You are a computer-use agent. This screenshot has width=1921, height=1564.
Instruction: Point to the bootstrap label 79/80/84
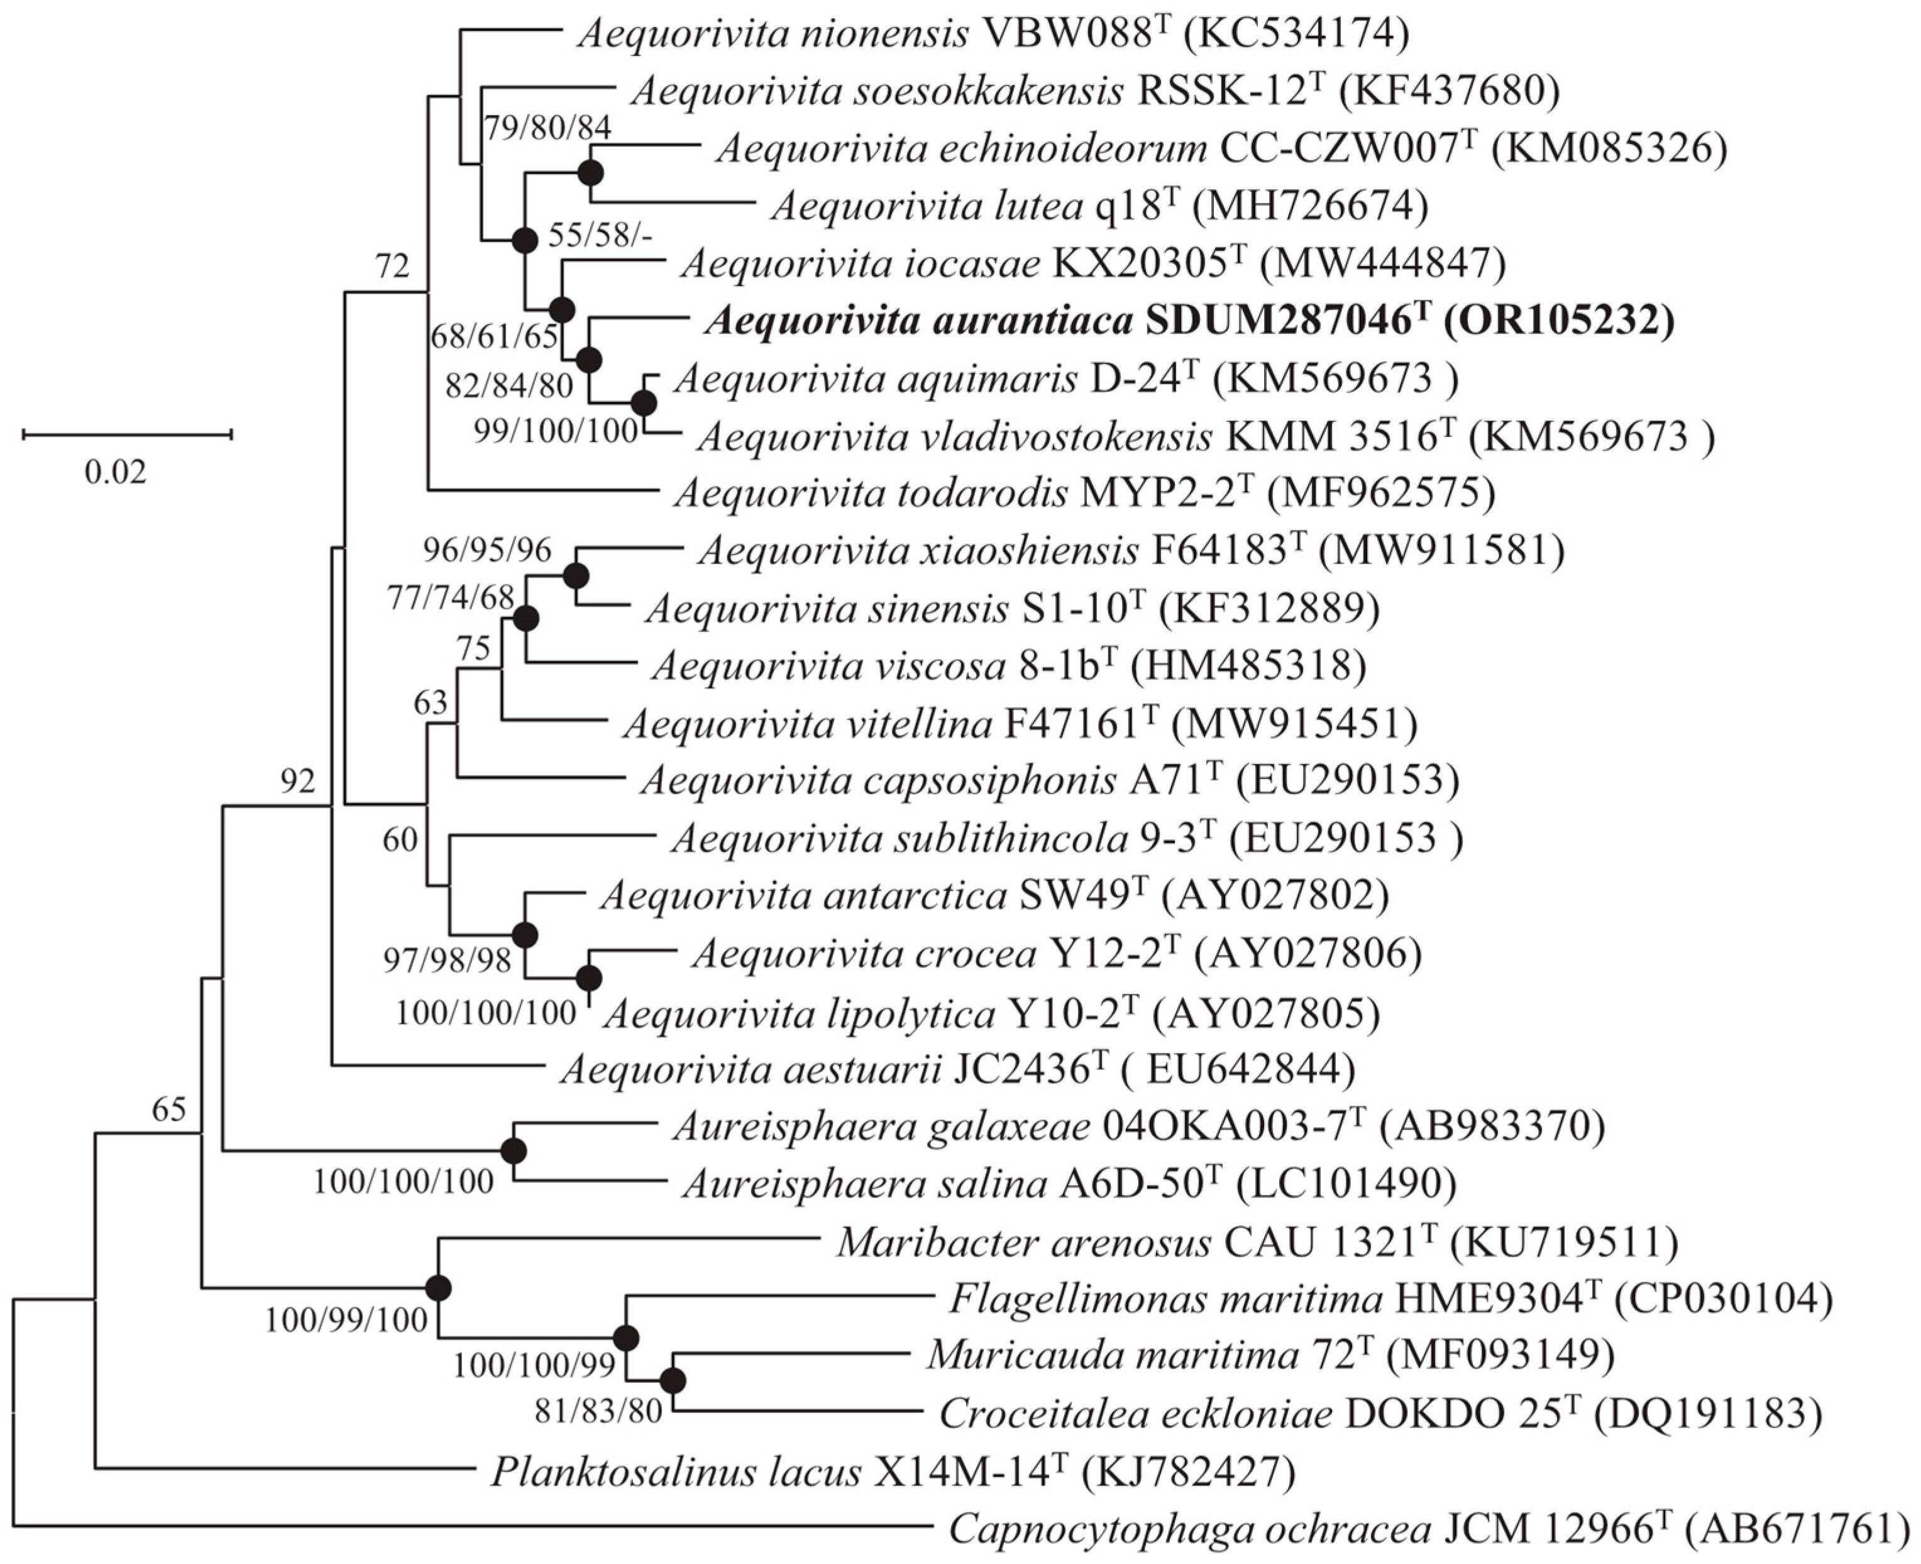(x=548, y=128)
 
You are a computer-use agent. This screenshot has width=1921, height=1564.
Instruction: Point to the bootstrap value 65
(x=168, y=1109)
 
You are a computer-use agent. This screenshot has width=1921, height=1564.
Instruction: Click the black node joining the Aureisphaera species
(x=514, y=1152)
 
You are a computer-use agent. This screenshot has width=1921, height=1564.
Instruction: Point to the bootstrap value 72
(x=393, y=267)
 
